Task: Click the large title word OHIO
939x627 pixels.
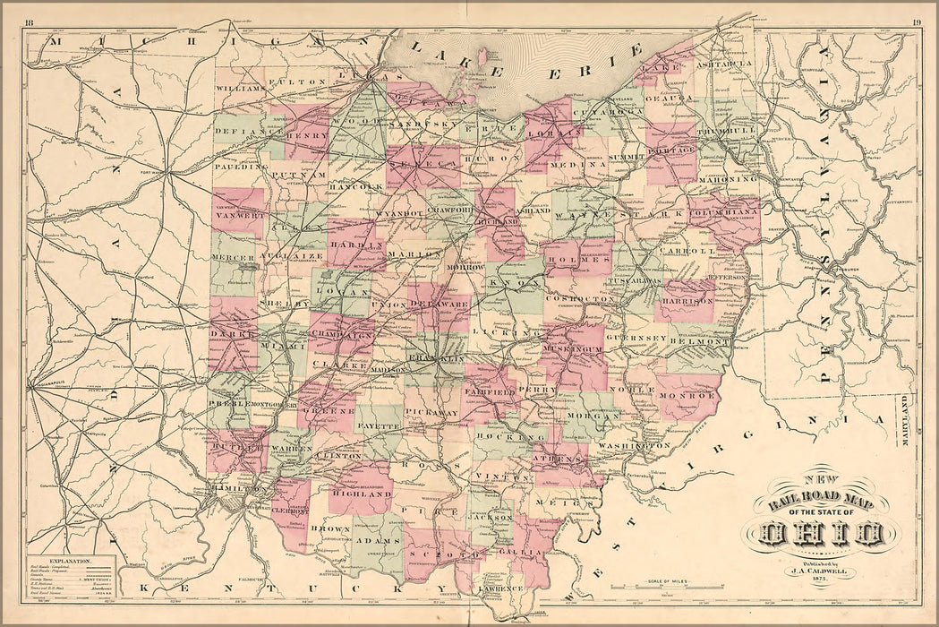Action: coord(817,536)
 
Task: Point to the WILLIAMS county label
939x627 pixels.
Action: coord(241,90)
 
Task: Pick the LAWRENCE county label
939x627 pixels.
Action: coord(499,588)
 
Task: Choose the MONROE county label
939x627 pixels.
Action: coord(687,393)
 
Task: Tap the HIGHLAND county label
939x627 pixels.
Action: coord(362,494)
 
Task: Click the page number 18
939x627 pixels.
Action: coord(30,21)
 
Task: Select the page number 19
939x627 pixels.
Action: coord(917,21)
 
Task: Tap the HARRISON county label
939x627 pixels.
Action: coord(687,302)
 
